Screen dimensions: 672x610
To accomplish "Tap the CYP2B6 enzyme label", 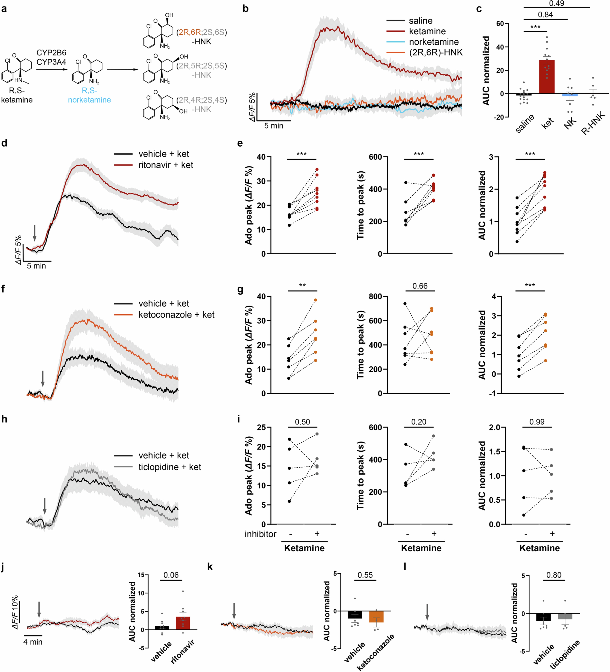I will tap(51, 53).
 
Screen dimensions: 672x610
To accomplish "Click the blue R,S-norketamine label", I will tap(89, 95).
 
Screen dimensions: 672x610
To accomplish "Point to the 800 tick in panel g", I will tap(376, 296).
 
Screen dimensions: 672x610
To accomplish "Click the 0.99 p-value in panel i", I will tap(537, 422).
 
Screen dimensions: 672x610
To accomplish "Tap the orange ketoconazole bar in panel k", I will tap(376, 617).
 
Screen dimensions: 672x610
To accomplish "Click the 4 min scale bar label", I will tap(33, 642).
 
